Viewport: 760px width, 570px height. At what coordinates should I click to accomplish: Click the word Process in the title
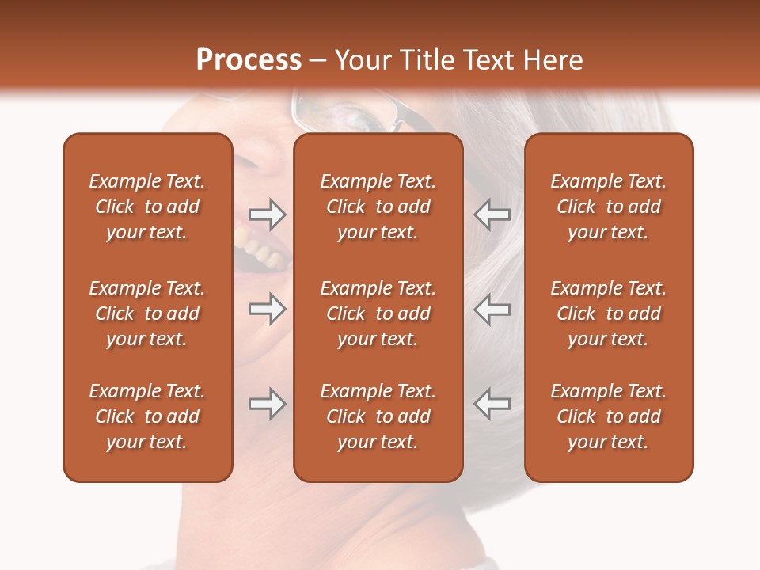click(249, 60)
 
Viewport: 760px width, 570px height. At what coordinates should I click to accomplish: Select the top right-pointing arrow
click(267, 214)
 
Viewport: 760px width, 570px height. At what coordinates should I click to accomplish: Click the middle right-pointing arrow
click(267, 309)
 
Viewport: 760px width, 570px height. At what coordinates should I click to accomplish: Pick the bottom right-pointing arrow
click(267, 404)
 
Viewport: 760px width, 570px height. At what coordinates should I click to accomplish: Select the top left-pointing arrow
click(492, 214)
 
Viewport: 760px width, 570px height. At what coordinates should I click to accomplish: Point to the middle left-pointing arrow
click(492, 309)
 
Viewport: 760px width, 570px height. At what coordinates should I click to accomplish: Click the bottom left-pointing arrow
click(492, 404)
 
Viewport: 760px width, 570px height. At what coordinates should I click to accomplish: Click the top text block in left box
click(147, 207)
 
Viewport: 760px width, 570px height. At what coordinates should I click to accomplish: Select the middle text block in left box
click(147, 313)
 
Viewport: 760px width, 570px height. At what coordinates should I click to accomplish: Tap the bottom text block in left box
click(147, 416)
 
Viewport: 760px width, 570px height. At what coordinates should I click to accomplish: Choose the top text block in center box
click(378, 207)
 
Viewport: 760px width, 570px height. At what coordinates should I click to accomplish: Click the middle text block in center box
click(378, 313)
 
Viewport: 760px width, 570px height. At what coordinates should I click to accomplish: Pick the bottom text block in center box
click(378, 416)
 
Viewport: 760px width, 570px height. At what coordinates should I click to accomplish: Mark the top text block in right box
click(608, 207)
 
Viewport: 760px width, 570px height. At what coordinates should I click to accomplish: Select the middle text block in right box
click(608, 313)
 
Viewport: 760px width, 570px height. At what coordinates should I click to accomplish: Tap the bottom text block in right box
click(608, 416)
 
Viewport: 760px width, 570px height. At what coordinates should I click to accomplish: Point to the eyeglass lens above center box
click(348, 115)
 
